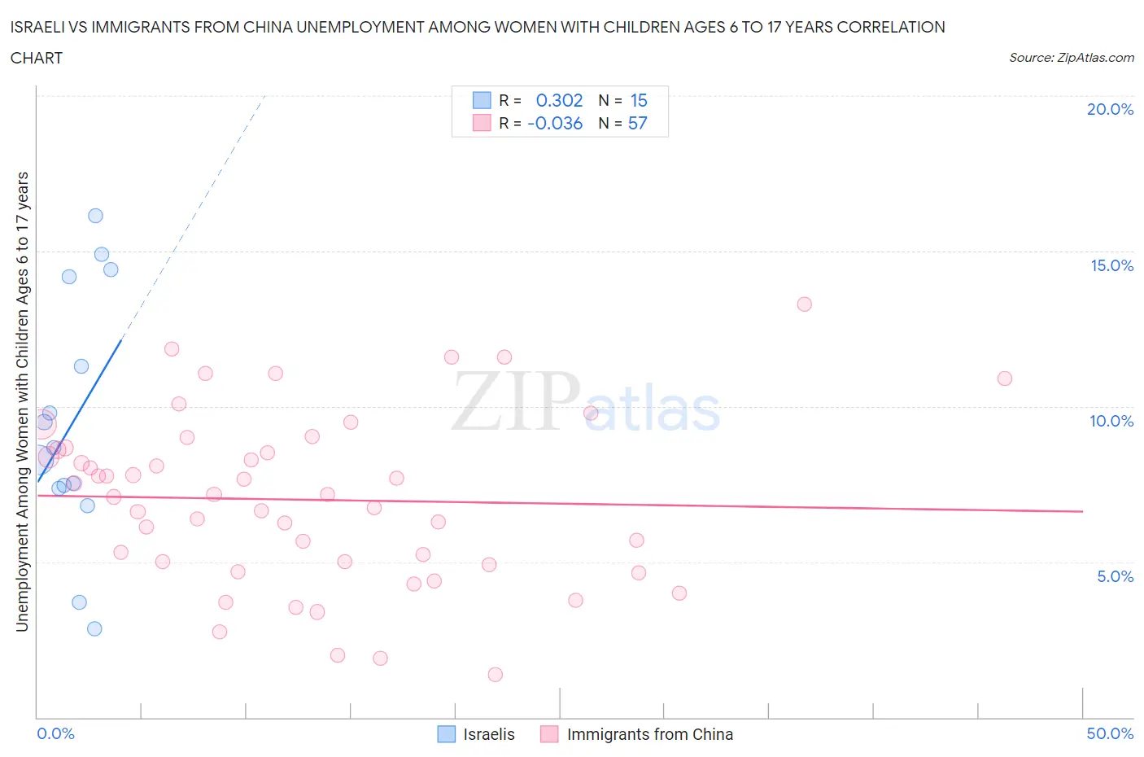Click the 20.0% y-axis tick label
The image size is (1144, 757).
tap(1110, 109)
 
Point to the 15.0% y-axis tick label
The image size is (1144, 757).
tap(1111, 265)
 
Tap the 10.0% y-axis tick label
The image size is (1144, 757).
tap(1111, 421)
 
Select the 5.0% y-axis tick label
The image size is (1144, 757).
tap(1115, 576)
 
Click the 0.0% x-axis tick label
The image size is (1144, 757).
tap(55, 733)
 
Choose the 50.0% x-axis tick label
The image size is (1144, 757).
tap(1110, 733)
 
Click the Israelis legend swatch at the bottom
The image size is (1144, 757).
tap(447, 734)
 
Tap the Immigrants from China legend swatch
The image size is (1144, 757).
tap(550, 734)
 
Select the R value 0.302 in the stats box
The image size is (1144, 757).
tap(559, 100)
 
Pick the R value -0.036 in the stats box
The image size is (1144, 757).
tap(555, 123)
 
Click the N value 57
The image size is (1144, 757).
tap(637, 123)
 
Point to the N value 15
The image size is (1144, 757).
tap(639, 100)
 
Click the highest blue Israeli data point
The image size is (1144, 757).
tap(95, 216)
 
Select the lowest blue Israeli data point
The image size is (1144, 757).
tap(94, 628)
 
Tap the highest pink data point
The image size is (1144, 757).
tap(804, 304)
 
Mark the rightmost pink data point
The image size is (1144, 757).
tap(1004, 378)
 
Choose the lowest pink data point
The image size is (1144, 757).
tap(495, 675)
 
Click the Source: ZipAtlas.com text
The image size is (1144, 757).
tap(1071, 58)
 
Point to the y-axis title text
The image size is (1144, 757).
tap(22, 401)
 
